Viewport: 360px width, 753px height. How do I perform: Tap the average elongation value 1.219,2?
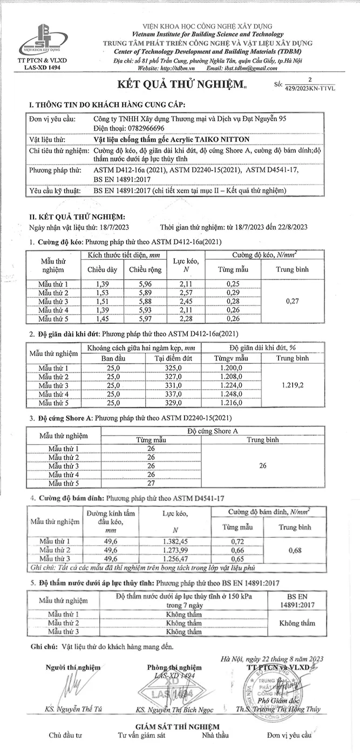point(293,386)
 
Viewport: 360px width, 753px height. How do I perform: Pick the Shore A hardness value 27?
point(151,483)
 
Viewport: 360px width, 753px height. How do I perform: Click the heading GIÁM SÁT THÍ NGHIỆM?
point(178,727)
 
